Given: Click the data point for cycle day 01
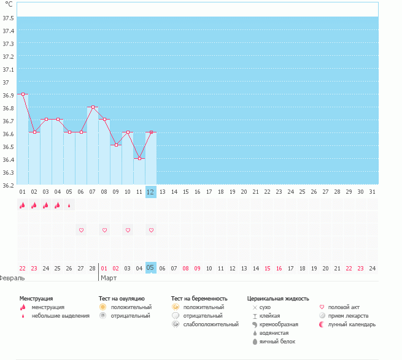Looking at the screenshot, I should click(23, 94).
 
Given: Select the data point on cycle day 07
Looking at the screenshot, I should click(93, 107).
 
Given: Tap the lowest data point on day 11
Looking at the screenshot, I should click(139, 158).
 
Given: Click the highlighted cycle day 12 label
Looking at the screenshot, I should click(151, 192).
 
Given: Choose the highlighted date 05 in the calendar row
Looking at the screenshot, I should click(151, 268).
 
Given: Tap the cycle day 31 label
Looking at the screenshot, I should click(373, 192).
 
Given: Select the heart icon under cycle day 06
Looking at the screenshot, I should click(81, 230).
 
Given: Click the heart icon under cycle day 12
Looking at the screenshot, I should click(151, 230).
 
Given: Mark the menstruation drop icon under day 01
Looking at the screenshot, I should click(23, 205).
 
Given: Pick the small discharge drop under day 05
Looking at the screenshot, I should click(69, 205).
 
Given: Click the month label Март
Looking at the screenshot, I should click(109, 278).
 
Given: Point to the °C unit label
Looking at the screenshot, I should click(9, 4).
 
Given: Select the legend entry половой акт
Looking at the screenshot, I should click(344, 307).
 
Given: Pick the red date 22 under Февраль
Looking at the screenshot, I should click(23, 268).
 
